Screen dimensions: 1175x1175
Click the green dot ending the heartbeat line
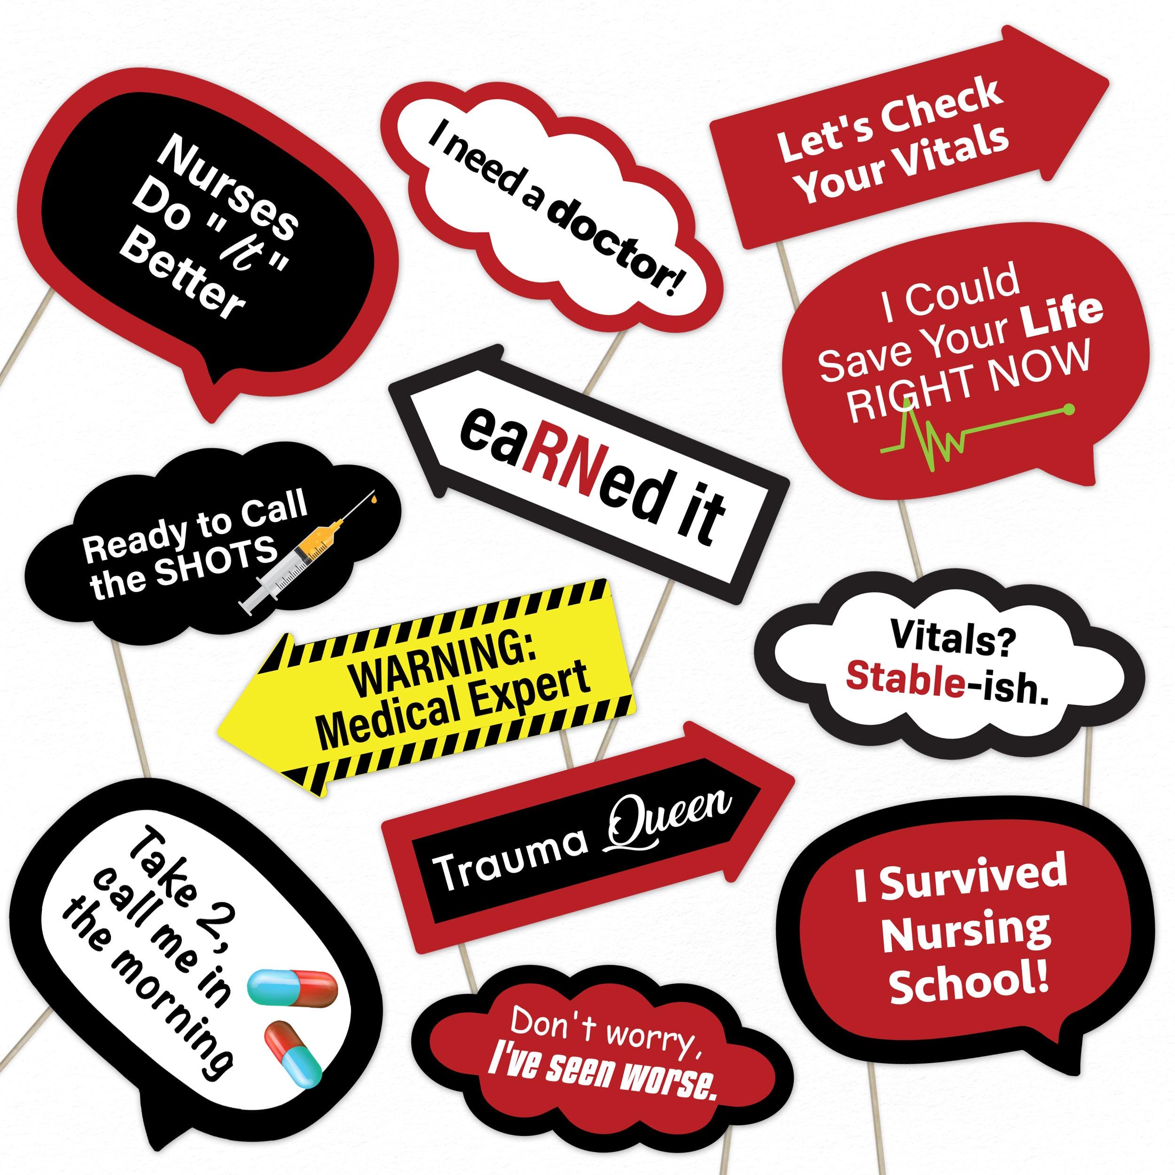click(1069, 409)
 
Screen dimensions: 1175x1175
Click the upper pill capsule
click(291, 985)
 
